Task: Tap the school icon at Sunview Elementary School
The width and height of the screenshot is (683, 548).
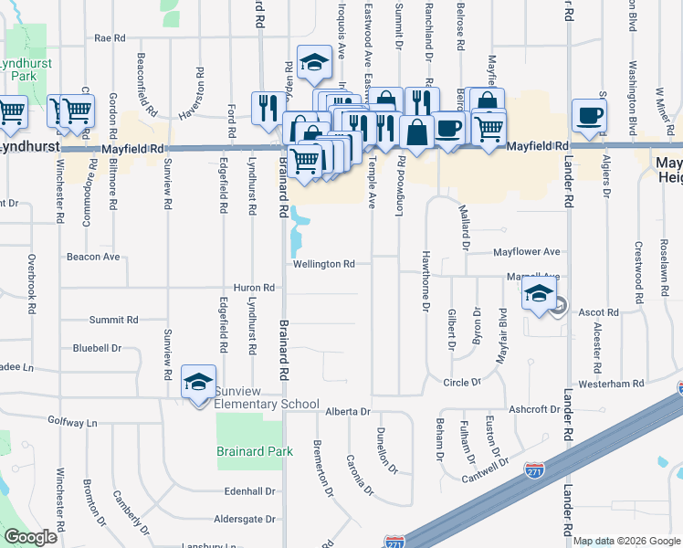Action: [198, 384]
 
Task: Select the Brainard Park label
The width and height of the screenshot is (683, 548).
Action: [255, 451]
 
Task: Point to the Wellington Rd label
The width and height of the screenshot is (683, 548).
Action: [323, 265]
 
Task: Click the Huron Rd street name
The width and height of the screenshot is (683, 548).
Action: [254, 288]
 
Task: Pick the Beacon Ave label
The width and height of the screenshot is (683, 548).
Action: [93, 258]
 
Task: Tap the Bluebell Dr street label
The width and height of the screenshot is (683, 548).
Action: [97, 348]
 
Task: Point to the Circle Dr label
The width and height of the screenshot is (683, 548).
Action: [461, 383]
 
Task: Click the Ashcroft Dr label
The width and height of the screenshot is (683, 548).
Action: [534, 410]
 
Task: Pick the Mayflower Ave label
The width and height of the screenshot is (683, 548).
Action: [526, 251]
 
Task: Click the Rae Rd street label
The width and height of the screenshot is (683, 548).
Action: [109, 38]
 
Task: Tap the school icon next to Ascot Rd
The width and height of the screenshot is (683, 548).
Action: [539, 295]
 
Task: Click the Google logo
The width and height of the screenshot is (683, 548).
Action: [30, 537]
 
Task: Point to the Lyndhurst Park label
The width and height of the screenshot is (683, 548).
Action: [26, 69]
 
